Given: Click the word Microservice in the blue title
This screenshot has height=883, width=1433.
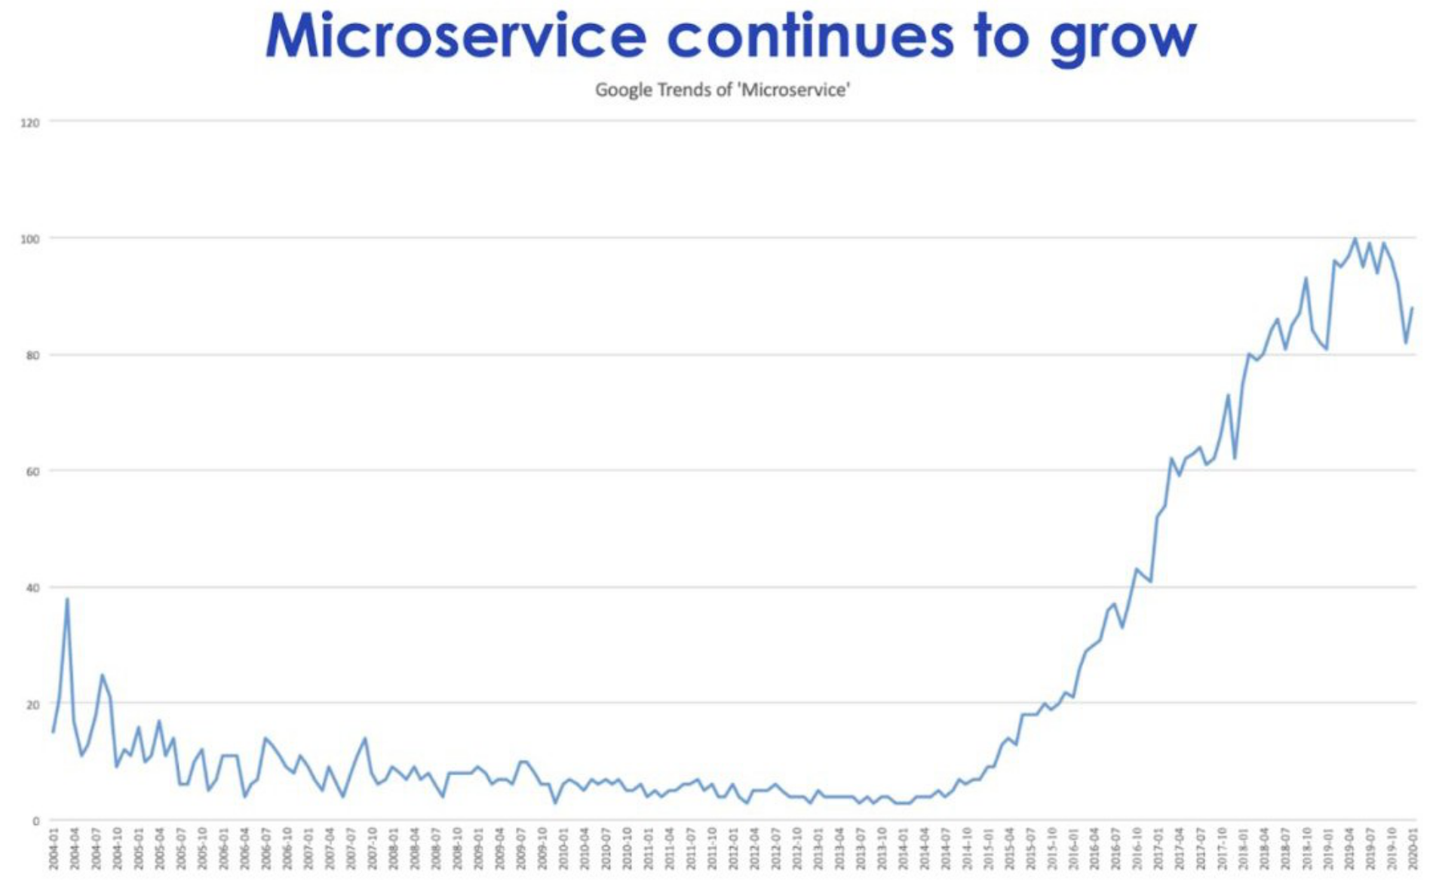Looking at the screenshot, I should point(456,36).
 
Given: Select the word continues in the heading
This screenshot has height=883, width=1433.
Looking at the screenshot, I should point(810,36).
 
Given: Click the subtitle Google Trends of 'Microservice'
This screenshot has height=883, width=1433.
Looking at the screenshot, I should point(723,90).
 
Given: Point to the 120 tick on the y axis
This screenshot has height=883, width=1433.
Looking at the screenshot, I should point(30,122).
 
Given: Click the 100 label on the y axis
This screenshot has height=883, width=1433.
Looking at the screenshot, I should point(30,239).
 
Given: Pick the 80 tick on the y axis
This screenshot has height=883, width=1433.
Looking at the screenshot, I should point(32,355).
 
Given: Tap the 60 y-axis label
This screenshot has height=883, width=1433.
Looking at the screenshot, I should point(32,472).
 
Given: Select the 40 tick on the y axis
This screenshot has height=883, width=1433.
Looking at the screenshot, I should point(32,588).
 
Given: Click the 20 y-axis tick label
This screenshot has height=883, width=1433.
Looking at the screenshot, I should point(32,705).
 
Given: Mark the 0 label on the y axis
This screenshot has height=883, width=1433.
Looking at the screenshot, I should point(35,821).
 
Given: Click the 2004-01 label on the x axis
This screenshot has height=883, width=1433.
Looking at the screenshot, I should point(54,848).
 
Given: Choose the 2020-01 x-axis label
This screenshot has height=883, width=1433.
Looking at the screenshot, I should point(1413,848).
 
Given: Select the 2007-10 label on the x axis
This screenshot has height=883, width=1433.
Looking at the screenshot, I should point(372,848).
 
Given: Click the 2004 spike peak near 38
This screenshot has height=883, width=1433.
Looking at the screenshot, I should point(67,599).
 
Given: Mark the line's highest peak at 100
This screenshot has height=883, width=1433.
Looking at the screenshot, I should point(1355,238).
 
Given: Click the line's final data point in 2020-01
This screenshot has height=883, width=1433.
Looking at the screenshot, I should point(1413,308).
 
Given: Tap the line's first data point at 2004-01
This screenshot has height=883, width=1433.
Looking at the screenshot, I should point(53,731).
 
